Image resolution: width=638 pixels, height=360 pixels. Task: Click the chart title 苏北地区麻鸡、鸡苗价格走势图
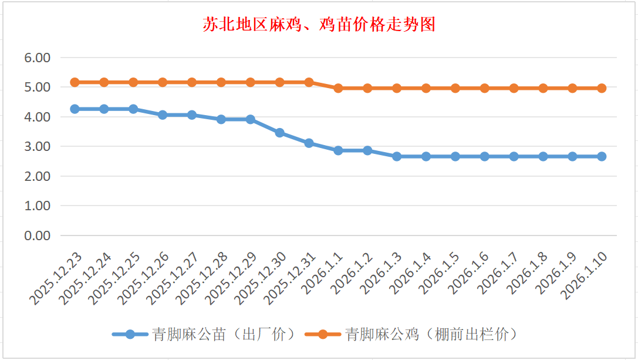(x=319, y=25)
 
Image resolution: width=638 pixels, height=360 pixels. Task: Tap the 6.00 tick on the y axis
(x=37, y=58)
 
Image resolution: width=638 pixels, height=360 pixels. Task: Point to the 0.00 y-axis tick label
(x=37, y=235)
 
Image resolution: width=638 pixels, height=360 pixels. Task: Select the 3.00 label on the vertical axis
(x=37, y=146)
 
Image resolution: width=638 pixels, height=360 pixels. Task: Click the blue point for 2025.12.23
(x=75, y=109)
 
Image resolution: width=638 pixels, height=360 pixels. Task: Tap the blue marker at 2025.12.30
(x=279, y=133)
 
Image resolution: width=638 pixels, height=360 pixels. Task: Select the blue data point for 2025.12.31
(x=309, y=143)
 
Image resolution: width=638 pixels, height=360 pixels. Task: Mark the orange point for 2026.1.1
(x=338, y=88)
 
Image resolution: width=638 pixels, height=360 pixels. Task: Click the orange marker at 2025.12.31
(x=309, y=82)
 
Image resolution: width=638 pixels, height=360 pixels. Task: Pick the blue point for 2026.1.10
(x=602, y=156)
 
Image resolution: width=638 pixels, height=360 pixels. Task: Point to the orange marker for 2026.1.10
(x=602, y=88)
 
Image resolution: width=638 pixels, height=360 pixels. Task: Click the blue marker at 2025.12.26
(x=163, y=115)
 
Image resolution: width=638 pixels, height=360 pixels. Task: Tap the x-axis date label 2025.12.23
(x=57, y=278)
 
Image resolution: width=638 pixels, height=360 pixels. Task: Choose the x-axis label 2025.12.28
(x=203, y=278)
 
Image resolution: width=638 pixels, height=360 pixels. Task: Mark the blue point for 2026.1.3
(x=397, y=156)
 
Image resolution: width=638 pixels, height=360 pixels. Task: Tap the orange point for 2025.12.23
(x=75, y=82)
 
